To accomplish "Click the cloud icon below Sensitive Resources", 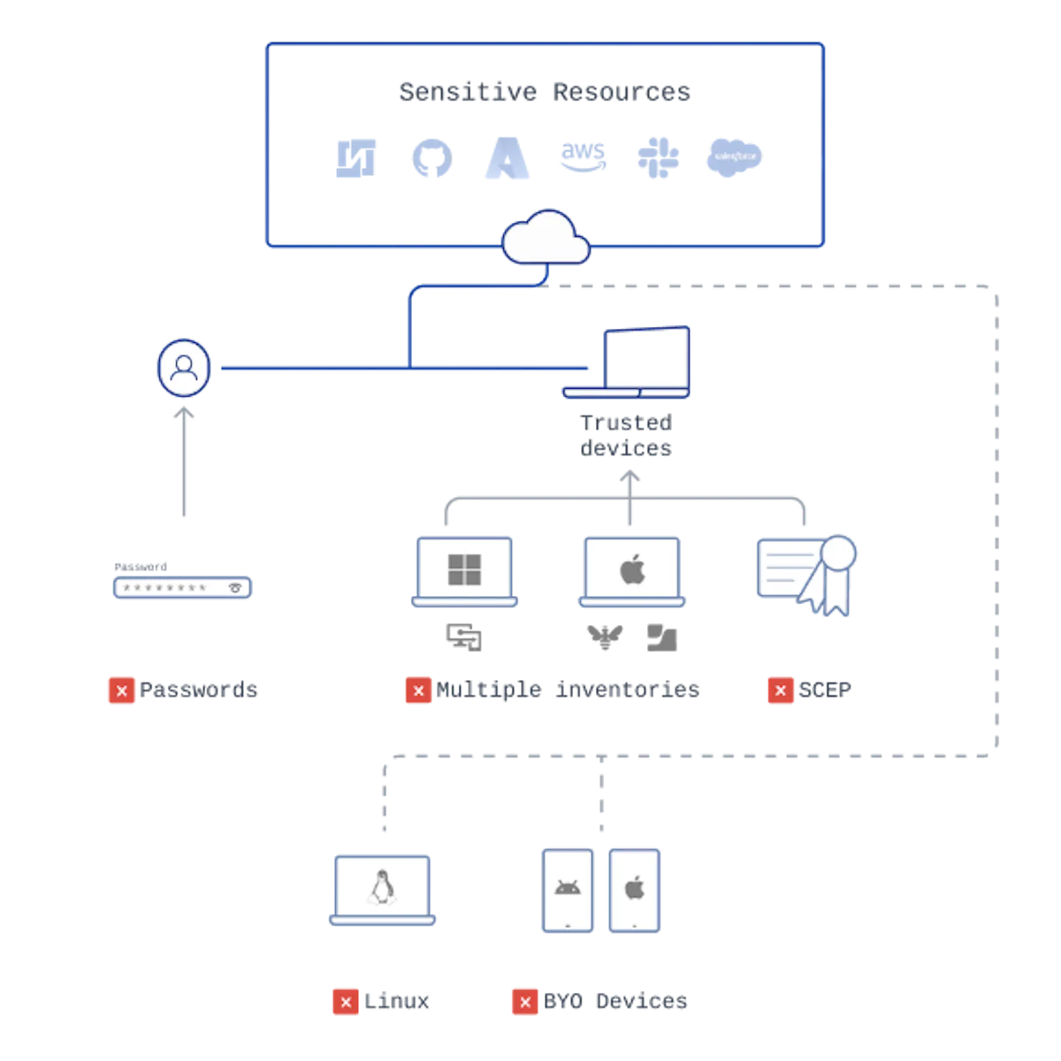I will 546,237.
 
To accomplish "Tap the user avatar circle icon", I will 184,367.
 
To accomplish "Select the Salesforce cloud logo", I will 732,158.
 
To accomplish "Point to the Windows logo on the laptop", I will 464,570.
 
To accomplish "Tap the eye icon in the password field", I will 235,587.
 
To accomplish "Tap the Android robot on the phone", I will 567,888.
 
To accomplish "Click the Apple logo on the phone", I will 635,888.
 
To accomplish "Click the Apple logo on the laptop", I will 631,570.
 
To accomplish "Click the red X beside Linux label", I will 346,1002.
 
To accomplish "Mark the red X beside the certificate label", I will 780,690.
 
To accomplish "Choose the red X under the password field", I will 122,690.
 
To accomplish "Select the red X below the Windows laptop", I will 417,690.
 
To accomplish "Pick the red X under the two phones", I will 524,1002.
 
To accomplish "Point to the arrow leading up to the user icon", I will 184,464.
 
